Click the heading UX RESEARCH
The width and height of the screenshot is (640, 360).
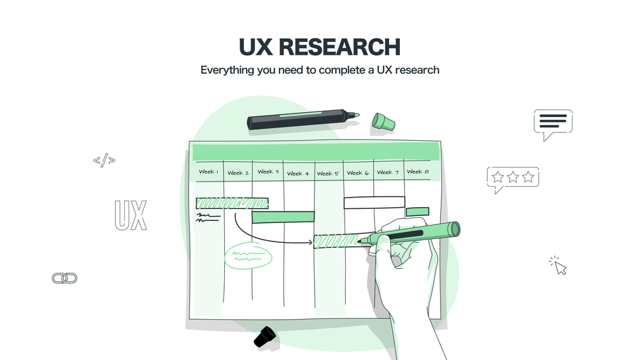tap(320, 47)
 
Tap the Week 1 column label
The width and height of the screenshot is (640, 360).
tap(209, 172)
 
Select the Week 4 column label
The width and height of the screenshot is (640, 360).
tap(298, 173)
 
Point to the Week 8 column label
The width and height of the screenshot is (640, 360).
tap(418, 172)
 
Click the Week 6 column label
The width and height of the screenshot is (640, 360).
tap(358, 173)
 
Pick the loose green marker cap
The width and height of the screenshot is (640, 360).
tap(383, 122)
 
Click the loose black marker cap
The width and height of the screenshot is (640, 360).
tap(265, 336)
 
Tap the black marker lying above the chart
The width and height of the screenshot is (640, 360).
tap(303, 119)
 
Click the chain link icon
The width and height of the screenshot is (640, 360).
tap(64, 278)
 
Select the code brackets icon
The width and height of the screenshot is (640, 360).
tap(104, 160)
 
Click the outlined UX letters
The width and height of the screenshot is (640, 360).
tap(131, 215)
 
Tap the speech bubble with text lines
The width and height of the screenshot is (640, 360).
tap(553, 122)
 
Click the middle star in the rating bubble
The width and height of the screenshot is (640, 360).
tap(513, 177)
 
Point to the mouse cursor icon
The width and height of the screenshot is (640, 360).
tap(558, 266)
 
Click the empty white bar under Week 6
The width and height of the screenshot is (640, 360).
tap(374, 203)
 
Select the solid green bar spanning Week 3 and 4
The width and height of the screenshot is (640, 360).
tap(283, 217)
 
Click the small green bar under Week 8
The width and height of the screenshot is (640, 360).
tap(418, 212)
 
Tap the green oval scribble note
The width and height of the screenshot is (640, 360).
tap(248, 256)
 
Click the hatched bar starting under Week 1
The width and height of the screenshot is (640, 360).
tap(232, 203)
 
